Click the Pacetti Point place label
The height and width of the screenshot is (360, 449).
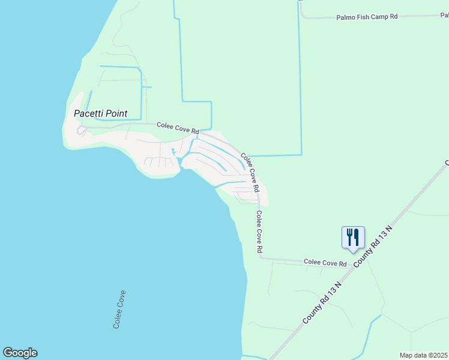[x=100, y=113]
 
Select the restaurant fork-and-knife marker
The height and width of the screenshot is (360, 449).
[x=351, y=236]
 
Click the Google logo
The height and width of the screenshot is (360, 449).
[x=20, y=353]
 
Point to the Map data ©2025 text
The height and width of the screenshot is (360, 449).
[x=424, y=355]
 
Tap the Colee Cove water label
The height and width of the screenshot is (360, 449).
[x=119, y=309]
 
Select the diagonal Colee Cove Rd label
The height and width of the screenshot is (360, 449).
[x=250, y=172]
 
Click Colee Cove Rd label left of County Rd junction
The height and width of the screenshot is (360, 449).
[x=325, y=263]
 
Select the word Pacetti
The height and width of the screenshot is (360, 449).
[x=89, y=113]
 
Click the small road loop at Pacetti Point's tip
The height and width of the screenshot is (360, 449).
[x=80, y=130]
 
